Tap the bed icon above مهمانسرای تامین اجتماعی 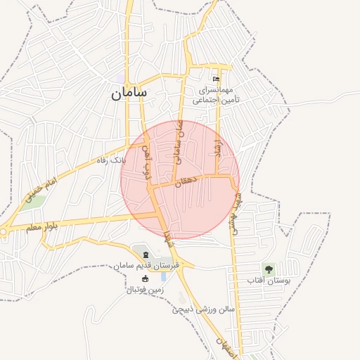click(216, 79)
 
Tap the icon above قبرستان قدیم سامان click(146, 255)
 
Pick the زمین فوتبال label click(145, 289)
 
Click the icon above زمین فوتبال click(146, 279)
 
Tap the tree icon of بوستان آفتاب click(268, 269)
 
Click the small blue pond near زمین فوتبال click(164, 276)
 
